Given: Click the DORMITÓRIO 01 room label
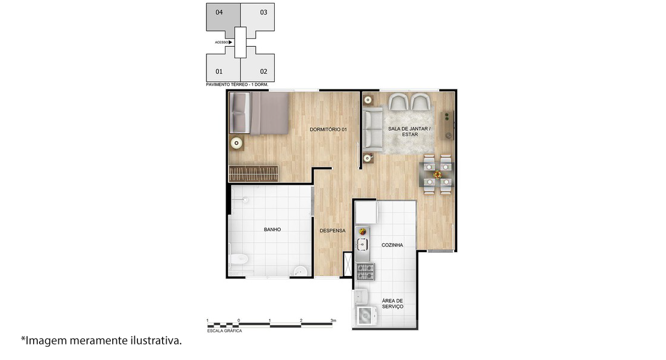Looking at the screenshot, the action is tap(328, 130).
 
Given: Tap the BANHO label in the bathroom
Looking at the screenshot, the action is tap(272, 229).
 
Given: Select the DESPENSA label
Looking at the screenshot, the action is tap(332, 230).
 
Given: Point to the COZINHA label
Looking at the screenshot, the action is tap(392, 245).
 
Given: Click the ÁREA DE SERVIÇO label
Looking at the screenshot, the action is tap(392, 304).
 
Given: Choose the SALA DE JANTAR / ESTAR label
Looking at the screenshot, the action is tap(409, 131).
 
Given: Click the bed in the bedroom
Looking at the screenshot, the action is tap(259, 113).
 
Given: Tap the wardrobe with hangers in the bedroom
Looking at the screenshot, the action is tap(254, 173).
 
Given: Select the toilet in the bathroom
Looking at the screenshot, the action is tap(239, 259).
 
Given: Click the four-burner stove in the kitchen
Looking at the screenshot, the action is tap(365, 272).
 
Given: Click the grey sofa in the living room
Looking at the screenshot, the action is tap(373, 129).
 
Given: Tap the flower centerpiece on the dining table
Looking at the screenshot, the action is tap(437, 175).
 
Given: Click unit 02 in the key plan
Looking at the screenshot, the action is tap(257, 67).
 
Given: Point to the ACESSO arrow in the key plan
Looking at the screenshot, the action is tap(230, 43).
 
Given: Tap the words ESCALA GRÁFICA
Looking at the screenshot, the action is tap(224, 331).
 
